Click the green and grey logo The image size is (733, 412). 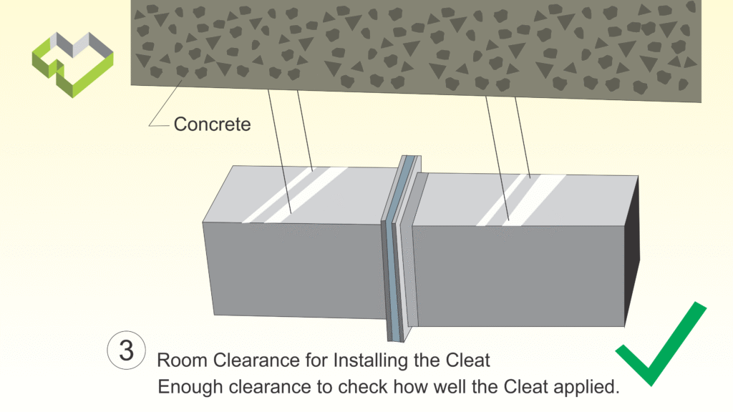[x=72, y=63]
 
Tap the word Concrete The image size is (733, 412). [x=213, y=124]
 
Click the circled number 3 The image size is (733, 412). [x=127, y=351]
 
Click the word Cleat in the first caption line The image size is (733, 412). [x=469, y=359]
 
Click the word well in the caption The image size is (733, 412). [x=447, y=387]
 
